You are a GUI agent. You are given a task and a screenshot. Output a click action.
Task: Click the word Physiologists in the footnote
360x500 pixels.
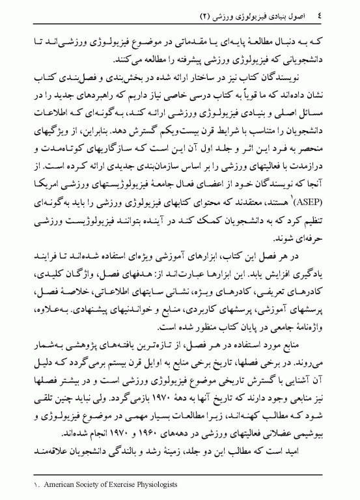[x=148, y=484]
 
